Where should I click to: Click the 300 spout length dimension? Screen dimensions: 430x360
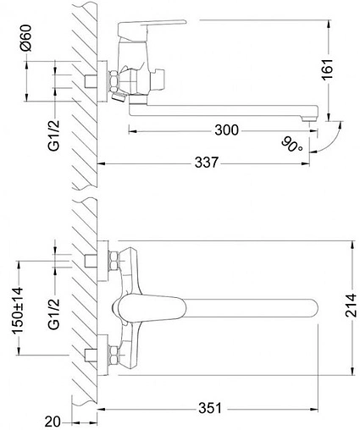(x=225, y=130)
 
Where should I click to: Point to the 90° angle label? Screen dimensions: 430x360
(x=292, y=146)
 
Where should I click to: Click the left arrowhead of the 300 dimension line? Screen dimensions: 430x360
(x=130, y=130)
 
